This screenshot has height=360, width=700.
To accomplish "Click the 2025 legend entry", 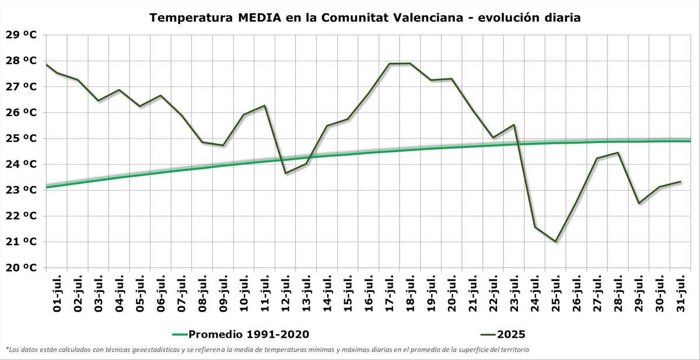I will pos(510,334).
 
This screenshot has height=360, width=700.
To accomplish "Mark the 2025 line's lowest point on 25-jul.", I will pos(555,242).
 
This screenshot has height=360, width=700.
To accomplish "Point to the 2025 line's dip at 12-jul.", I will pos(285,173).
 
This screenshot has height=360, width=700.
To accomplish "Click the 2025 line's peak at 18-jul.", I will pos(410,64).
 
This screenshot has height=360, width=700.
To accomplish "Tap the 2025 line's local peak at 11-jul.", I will pos(265,106).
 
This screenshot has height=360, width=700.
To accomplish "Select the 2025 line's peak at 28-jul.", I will pos(618,153).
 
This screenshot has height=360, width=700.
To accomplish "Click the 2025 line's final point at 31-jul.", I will pos(680,181).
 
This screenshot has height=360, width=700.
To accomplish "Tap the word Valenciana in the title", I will pos(433,18).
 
